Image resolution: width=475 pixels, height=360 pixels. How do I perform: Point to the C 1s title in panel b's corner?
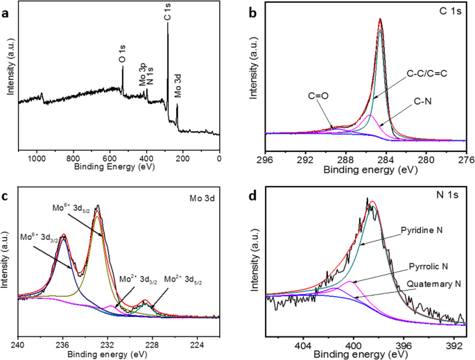(x=447, y=10)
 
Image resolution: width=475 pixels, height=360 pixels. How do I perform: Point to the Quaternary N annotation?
(x=424, y=284)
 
